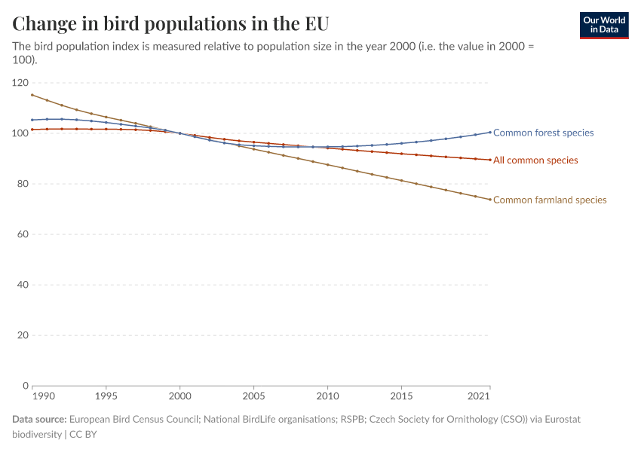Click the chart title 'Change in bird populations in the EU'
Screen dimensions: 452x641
170,23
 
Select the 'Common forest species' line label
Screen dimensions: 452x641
543,133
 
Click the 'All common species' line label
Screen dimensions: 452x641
535,160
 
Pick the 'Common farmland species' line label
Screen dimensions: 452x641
550,200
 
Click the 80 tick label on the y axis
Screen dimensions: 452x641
23,184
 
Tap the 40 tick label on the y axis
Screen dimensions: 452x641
23,285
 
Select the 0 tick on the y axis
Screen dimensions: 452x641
25,386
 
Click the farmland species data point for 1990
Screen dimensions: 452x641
32,95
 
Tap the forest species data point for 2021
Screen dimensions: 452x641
490,133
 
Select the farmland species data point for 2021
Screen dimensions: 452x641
490,200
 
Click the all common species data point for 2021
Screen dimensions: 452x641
490,160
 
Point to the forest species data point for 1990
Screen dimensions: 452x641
32,120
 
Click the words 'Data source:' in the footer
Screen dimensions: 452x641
38,419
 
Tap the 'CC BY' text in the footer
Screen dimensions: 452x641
84,434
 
